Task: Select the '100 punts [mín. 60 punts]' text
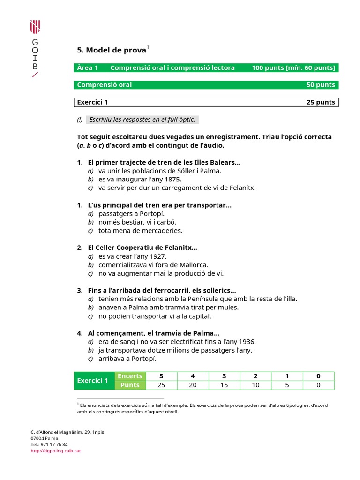tap(293, 68)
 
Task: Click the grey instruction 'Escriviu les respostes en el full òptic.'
tap(142, 120)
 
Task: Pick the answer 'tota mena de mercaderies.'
tap(140, 231)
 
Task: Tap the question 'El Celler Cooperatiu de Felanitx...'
tap(142, 247)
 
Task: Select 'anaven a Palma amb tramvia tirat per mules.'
tap(168, 307)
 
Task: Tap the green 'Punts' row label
tap(130, 385)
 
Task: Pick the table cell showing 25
tap(161, 385)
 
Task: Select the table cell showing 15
tap(224, 385)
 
